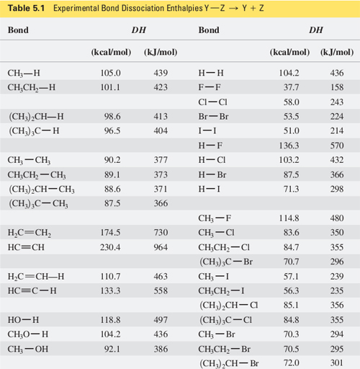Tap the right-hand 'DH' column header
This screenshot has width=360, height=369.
[315, 31]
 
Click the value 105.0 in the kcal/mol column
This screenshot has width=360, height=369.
[110, 73]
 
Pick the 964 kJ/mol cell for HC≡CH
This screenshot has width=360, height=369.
[160, 246]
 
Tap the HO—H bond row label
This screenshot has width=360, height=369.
[24, 319]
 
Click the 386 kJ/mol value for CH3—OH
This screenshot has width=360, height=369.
[160, 347]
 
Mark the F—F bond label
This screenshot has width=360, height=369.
[209, 86]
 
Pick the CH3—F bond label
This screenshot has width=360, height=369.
[216, 218]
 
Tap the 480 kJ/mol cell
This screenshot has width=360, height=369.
[336, 218]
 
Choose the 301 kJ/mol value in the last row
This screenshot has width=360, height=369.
[336, 362]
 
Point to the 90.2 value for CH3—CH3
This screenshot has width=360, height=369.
[112, 159]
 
